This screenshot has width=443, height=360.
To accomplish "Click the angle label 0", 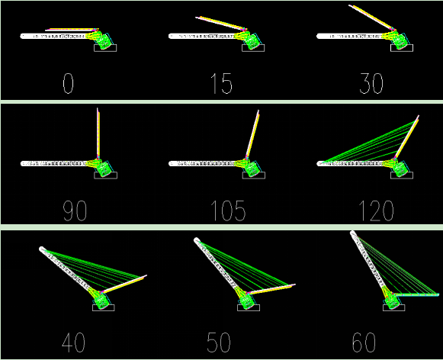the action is [x=68, y=83].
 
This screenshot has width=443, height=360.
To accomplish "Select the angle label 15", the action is [x=221, y=83].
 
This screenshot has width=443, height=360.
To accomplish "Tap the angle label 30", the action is [x=371, y=83].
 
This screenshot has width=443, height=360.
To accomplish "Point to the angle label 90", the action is [x=75, y=211].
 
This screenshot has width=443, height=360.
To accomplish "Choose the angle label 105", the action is [x=228, y=211].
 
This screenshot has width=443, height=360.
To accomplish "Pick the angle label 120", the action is [x=376, y=211].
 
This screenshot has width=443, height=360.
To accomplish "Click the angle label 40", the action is [x=73, y=342].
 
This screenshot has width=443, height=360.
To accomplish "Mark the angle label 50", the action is [x=219, y=342].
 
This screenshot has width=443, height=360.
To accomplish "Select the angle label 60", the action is [x=364, y=342].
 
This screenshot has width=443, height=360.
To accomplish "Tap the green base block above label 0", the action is [x=104, y=41].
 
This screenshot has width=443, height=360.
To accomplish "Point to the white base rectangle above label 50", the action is [x=249, y=307].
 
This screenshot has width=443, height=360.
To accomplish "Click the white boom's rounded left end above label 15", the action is [x=171, y=36].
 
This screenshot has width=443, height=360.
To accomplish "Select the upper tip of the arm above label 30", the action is [x=350, y=5].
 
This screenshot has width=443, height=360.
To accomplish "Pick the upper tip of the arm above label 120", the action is [x=418, y=116].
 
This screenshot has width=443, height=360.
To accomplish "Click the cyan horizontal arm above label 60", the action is [x=416, y=294].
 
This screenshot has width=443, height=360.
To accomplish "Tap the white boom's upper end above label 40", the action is [x=42, y=249].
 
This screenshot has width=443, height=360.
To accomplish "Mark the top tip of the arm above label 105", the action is [x=258, y=111].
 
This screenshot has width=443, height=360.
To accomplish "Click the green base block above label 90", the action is [x=104, y=169].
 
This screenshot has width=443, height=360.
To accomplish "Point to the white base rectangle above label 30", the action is [x=402, y=48].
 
